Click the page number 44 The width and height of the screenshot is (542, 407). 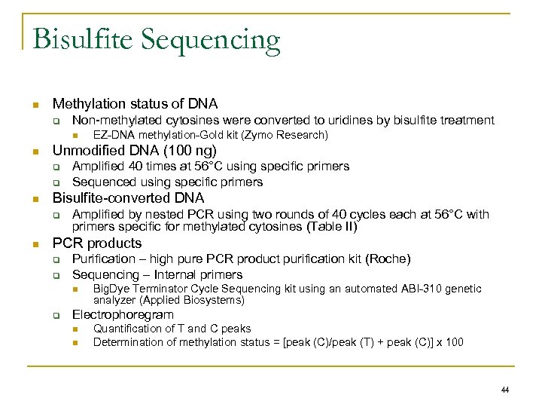click(504, 390)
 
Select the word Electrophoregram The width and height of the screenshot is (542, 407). click(123, 314)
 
